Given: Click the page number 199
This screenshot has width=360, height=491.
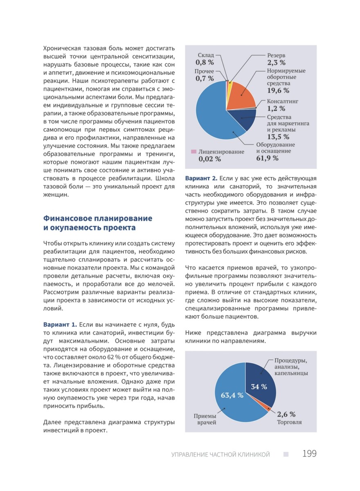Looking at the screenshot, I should tap(309, 454).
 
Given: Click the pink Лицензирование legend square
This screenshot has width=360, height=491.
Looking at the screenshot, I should tap(193, 152).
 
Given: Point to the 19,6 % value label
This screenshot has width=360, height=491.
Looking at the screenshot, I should tap(278, 90).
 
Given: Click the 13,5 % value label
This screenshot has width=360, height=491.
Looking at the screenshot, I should tap(278, 137).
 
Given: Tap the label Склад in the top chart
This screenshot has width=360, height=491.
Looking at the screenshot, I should tap(206, 55).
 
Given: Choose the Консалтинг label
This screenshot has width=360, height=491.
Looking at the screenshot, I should tap(283, 101).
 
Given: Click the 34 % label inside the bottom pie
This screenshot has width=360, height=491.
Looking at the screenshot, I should tap(259, 387).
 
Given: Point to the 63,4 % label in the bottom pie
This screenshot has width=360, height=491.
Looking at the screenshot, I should tap(232, 395).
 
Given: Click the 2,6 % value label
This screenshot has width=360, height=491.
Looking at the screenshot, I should tap(286, 414).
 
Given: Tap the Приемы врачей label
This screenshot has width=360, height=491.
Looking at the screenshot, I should tap(205, 419).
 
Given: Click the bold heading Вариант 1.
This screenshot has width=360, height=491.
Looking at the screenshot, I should tap(60, 324).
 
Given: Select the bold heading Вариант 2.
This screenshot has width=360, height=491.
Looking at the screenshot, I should tap(201, 179).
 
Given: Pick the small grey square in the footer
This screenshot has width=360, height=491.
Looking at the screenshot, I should tap(286, 454).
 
